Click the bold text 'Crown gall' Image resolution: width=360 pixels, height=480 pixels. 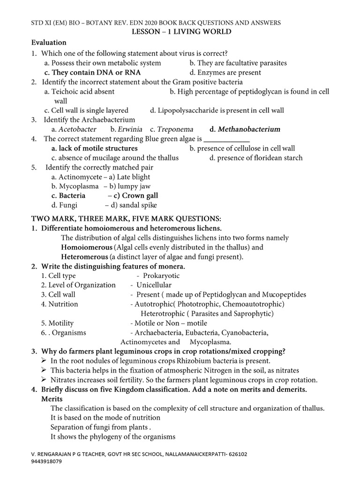[x=140, y=195]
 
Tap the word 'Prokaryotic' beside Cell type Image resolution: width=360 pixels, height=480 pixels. [x=161, y=276]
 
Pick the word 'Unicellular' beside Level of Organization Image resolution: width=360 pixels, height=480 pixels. [x=154, y=285]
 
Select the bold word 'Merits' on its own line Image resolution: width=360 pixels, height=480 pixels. [x=52, y=398]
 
